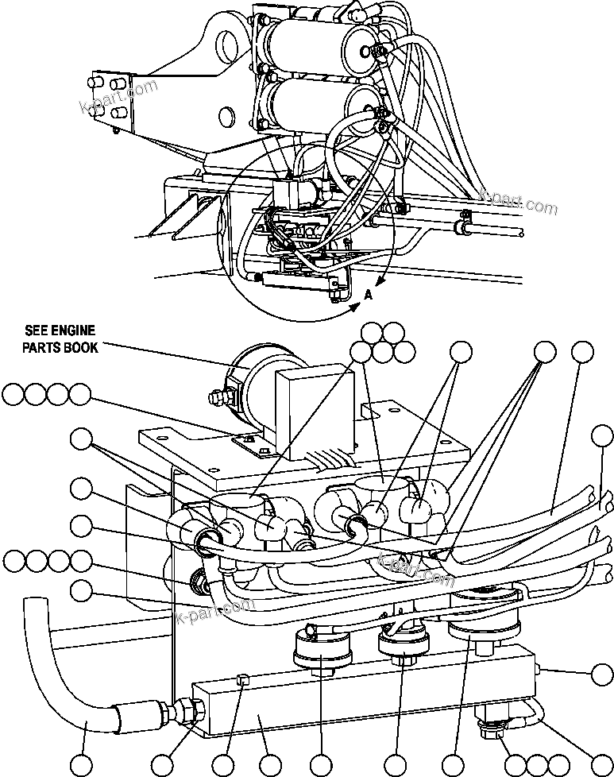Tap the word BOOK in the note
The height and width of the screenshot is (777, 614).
(x=83, y=347)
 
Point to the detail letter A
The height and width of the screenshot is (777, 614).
(x=368, y=294)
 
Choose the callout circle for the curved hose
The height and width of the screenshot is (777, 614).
(x=82, y=765)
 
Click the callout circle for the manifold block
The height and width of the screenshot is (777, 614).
(x=271, y=765)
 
